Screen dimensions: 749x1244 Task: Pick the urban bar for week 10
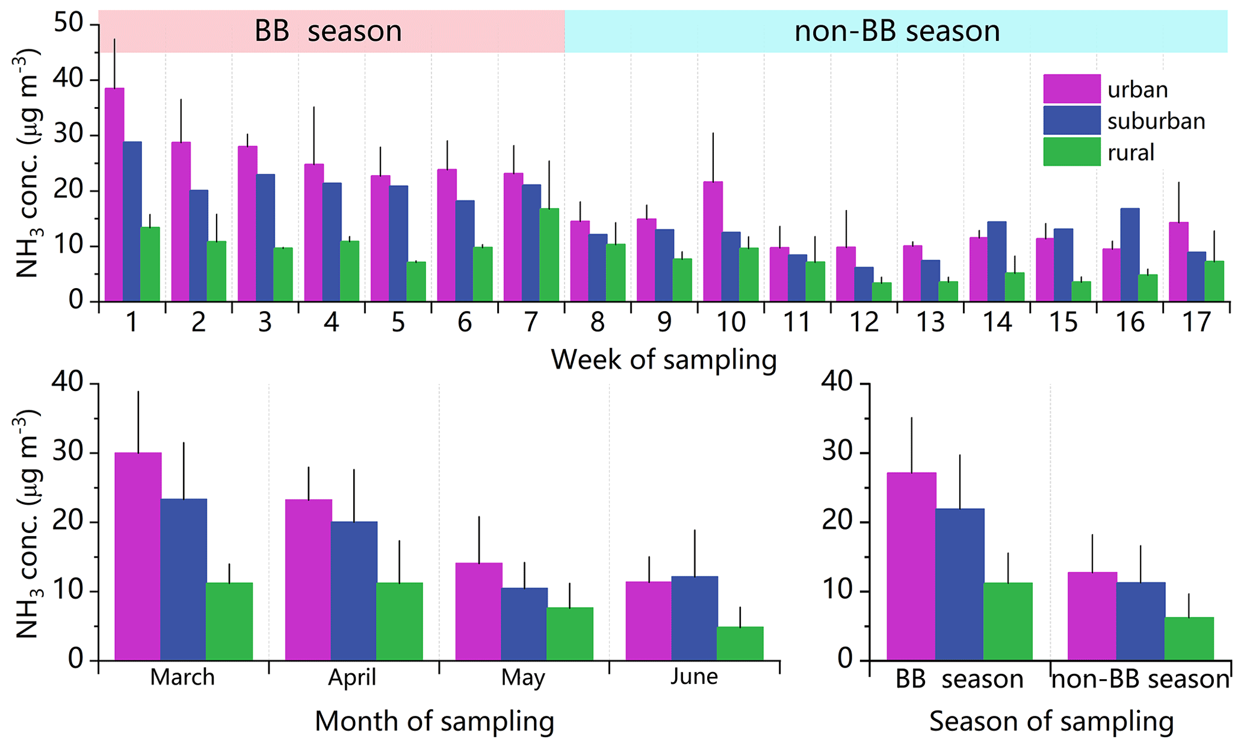tap(713, 241)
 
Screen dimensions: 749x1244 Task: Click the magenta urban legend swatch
tap(1071, 89)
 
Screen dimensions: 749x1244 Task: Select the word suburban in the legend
tap(1156, 122)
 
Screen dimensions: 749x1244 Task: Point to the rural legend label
tap(1131, 153)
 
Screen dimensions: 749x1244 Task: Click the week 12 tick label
tap(864, 322)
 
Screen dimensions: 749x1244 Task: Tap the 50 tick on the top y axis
tap(67, 24)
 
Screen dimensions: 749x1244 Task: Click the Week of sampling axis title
tap(663, 360)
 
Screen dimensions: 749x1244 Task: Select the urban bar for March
tap(138, 556)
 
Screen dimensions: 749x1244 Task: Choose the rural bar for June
tap(740, 643)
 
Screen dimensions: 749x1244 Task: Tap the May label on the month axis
tap(522, 677)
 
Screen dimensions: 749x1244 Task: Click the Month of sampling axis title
tap(434, 721)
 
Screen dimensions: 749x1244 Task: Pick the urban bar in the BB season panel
tap(911, 566)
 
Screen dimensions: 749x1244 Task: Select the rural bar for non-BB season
tap(1189, 638)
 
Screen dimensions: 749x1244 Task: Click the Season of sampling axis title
tap(1051, 721)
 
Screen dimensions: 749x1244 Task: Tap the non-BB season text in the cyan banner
tap(897, 31)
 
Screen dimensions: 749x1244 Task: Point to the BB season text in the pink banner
tap(328, 31)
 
